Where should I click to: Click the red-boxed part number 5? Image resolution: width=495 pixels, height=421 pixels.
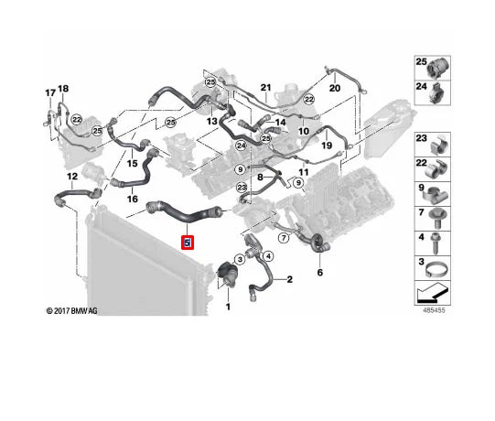coord(188,243)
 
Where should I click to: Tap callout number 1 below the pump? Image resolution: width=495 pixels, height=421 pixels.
coord(228,307)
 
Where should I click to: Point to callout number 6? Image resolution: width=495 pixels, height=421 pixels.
coord(319,273)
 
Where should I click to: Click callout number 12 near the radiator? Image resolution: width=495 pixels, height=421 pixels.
coord(71,175)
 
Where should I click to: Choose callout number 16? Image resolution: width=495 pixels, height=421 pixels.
coord(132,199)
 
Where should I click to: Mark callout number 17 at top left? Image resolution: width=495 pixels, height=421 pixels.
coord(50,92)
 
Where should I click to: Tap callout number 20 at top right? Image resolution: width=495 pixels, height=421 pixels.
coord(334,88)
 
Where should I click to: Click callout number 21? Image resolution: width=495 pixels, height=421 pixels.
coord(266,88)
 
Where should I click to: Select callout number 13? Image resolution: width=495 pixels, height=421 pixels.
coord(211,121)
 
